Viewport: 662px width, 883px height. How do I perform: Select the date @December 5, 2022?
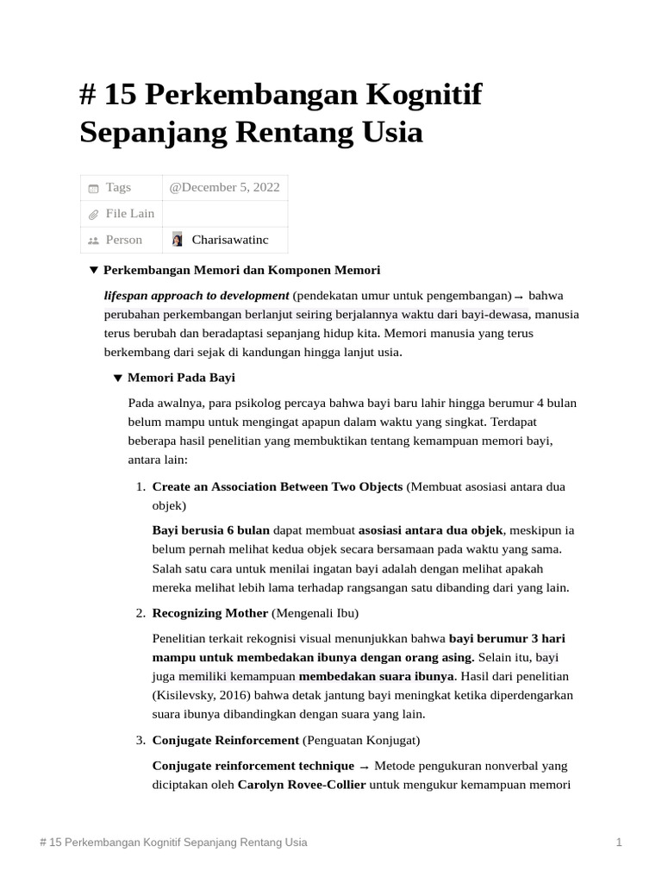(x=224, y=187)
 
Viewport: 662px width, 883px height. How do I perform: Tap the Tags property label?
(x=118, y=187)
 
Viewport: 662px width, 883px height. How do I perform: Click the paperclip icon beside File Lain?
(x=94, y=214)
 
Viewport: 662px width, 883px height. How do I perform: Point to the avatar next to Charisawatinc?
(x=178, y=240)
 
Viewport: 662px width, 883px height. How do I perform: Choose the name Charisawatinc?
(x=230, y=240)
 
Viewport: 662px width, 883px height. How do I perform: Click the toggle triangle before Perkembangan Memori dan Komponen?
(x=94, y=271)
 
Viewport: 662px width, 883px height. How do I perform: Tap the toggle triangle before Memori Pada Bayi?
(x=118, y=378)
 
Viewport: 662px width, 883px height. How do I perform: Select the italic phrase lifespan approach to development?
(x=197, y=295)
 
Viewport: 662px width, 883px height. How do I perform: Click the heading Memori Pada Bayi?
(x=181, y=378)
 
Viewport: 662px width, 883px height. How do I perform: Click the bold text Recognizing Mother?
(x=209, y=613)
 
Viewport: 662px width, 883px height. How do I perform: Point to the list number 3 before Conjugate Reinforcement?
(x=141, y=740)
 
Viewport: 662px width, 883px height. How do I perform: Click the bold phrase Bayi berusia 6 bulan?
(x=210, y=529)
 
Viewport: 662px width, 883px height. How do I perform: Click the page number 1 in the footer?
(x=619, y=842)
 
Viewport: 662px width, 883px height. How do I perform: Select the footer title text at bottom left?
(x=173, y=842)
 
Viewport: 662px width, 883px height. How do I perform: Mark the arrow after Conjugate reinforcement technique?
(x=365, y=767)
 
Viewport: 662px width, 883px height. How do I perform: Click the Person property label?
(x=123, y=240)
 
